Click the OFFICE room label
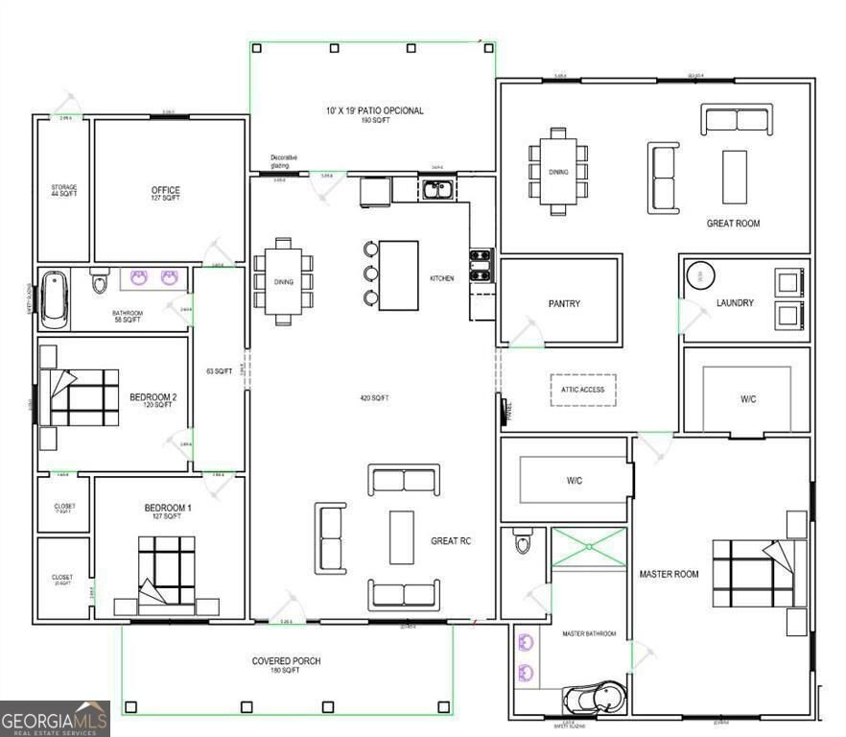165,190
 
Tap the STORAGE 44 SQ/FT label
63,190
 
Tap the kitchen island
398,275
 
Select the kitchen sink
439,189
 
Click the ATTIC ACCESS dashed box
582,389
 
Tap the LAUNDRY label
735,303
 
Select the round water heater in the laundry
700,276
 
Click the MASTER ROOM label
669,574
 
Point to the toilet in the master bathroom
522,543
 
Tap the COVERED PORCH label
286,661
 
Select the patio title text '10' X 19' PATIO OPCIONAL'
373,110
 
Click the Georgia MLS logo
55,719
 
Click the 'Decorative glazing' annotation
283,160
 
